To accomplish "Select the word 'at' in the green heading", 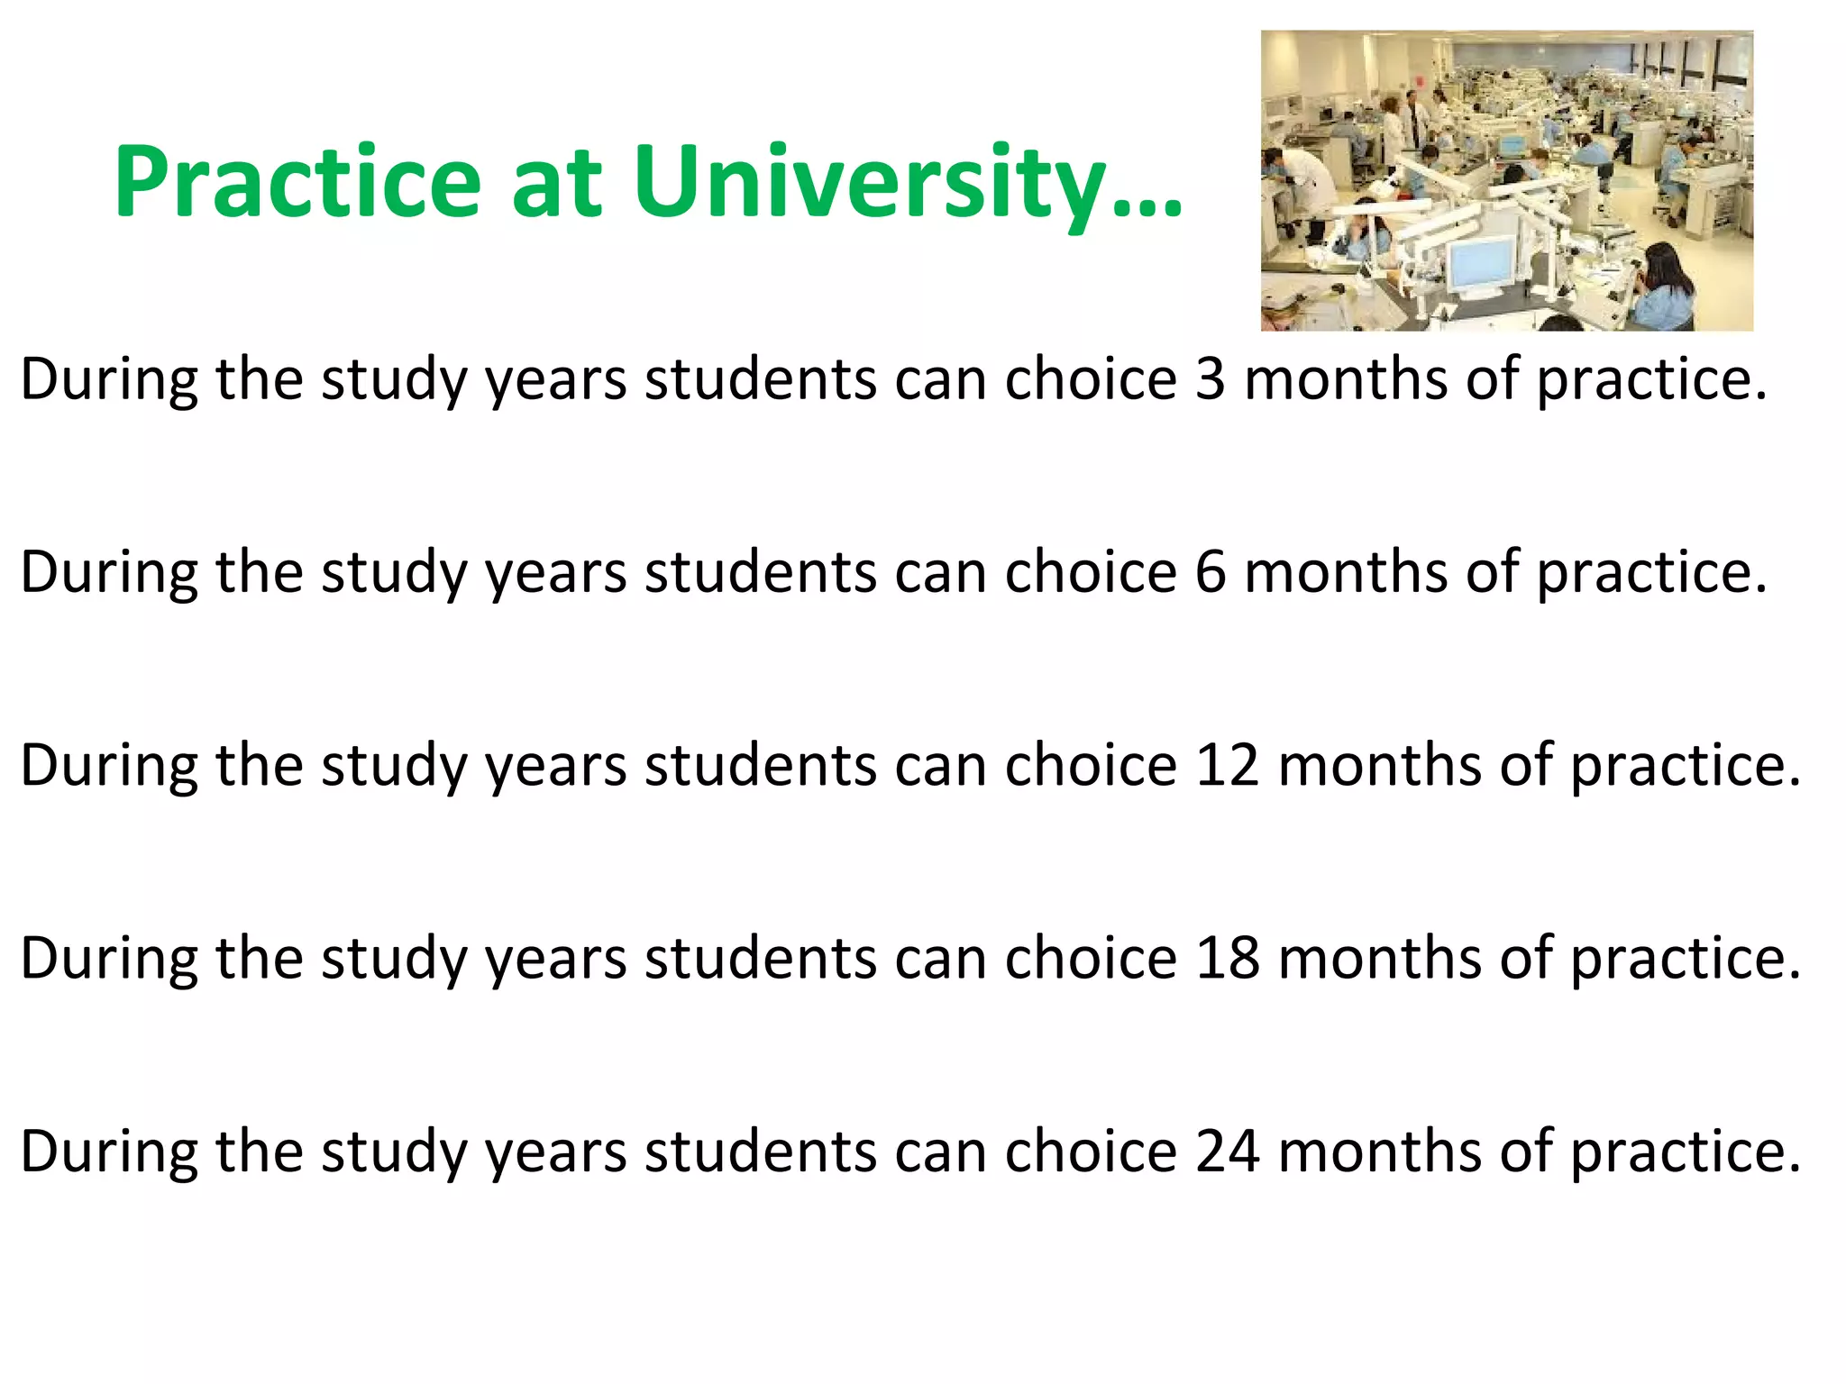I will (x=556, y=183).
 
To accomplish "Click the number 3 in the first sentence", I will (x=1211, y=378).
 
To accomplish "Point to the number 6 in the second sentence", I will (x=1211, y=572).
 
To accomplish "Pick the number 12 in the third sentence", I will (x=1227, y=765).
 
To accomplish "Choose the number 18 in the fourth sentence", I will (x=1227, y=958).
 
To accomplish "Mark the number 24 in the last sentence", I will (x=1227, y=1151).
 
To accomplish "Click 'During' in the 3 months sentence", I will (x=109, y=378).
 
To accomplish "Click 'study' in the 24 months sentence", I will (x=394, y=1152).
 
